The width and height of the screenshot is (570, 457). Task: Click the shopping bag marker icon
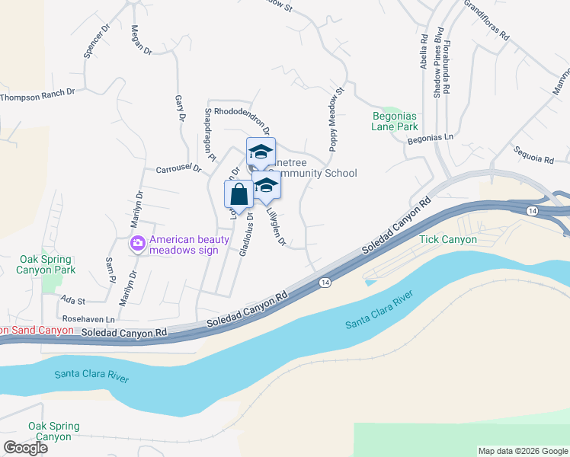click(x=239, y=194)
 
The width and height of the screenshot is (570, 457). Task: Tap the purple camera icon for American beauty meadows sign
click(x=138, y=244)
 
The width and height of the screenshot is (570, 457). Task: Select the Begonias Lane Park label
click(x=395, y=121)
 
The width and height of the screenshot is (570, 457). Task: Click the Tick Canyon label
click(x=448, y=239)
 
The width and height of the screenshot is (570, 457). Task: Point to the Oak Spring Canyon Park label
click(x=47, y=264)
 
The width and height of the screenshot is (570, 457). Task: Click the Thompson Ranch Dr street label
click(x=37, y=97)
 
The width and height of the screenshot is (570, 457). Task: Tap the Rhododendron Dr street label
click(x=242, y=111)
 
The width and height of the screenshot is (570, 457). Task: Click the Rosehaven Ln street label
click(x=88, y=319)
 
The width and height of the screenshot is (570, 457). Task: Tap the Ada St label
click(x=73, y=301)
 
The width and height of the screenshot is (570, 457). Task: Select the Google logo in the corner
click(x=25, y=447)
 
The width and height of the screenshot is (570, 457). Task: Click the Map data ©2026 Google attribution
click(x=522, y=451)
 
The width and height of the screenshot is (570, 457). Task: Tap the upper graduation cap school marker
click(x=261, y=152)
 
